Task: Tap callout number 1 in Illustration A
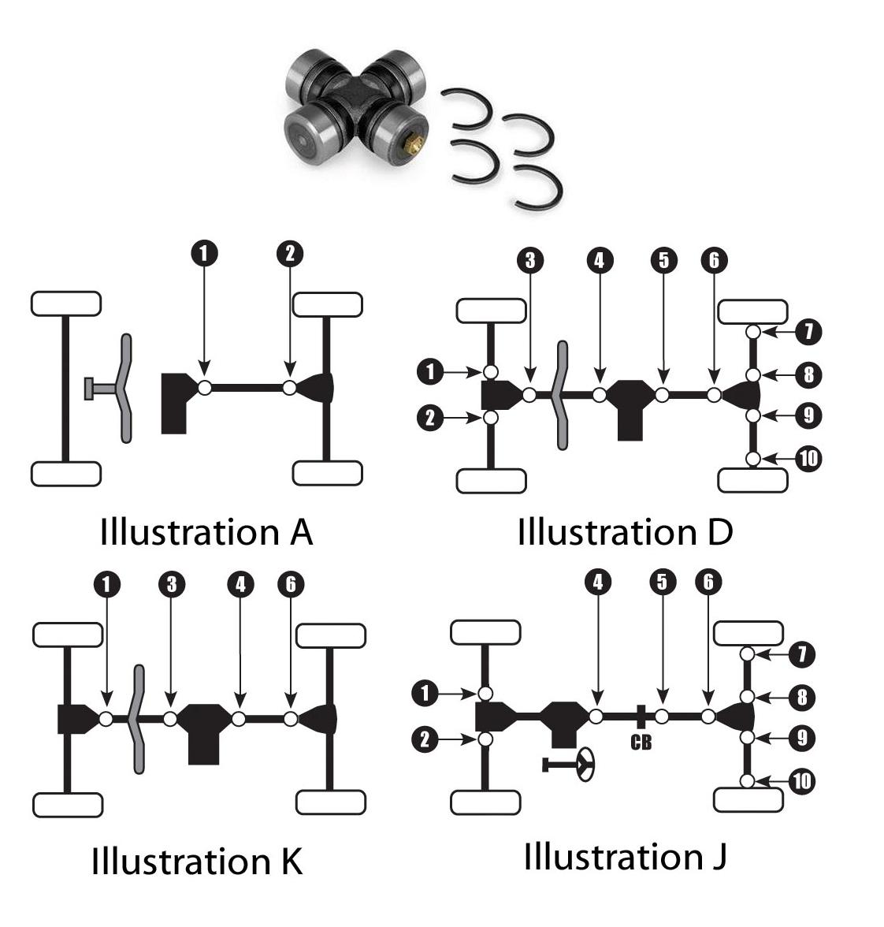pos(204,254)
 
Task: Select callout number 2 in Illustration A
pos(290,254)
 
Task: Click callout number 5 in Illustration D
pos(663,260)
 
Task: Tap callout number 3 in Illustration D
pos(530,260)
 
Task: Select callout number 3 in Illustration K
pos(171,584)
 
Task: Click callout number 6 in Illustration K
pos(291,584)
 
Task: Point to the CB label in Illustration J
pos(641,743)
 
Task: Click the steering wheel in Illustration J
pos(586,764)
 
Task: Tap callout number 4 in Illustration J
pos(598,582)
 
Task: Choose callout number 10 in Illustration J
pos(801,781)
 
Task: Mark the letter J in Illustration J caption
pos(718,857)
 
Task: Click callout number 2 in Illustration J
pos(425,739)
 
